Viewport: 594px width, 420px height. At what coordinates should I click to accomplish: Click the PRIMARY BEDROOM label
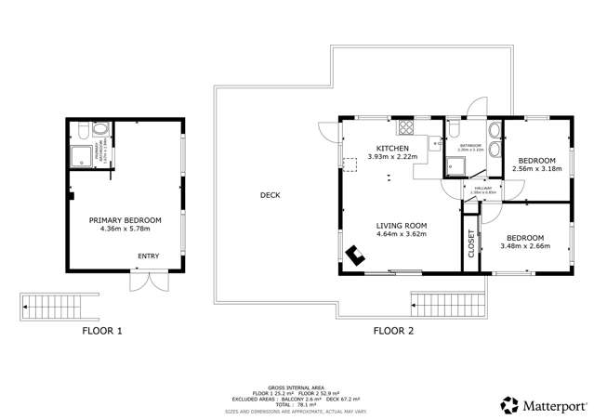click(125, 220)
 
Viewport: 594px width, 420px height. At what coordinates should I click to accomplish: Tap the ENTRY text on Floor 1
click(148, 256)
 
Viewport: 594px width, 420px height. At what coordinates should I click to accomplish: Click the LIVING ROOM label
click(401, 224)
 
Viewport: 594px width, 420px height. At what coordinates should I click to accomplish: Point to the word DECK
click(270, 195)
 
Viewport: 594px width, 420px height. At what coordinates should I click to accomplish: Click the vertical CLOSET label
click(470, 243)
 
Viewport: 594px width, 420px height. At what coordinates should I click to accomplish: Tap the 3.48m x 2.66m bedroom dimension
click(525, 246)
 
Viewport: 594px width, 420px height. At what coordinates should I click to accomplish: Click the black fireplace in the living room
click(354, 255)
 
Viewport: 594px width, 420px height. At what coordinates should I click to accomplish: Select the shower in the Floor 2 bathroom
click(455, 165)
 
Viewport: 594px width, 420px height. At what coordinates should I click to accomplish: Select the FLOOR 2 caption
click(393, 330)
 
